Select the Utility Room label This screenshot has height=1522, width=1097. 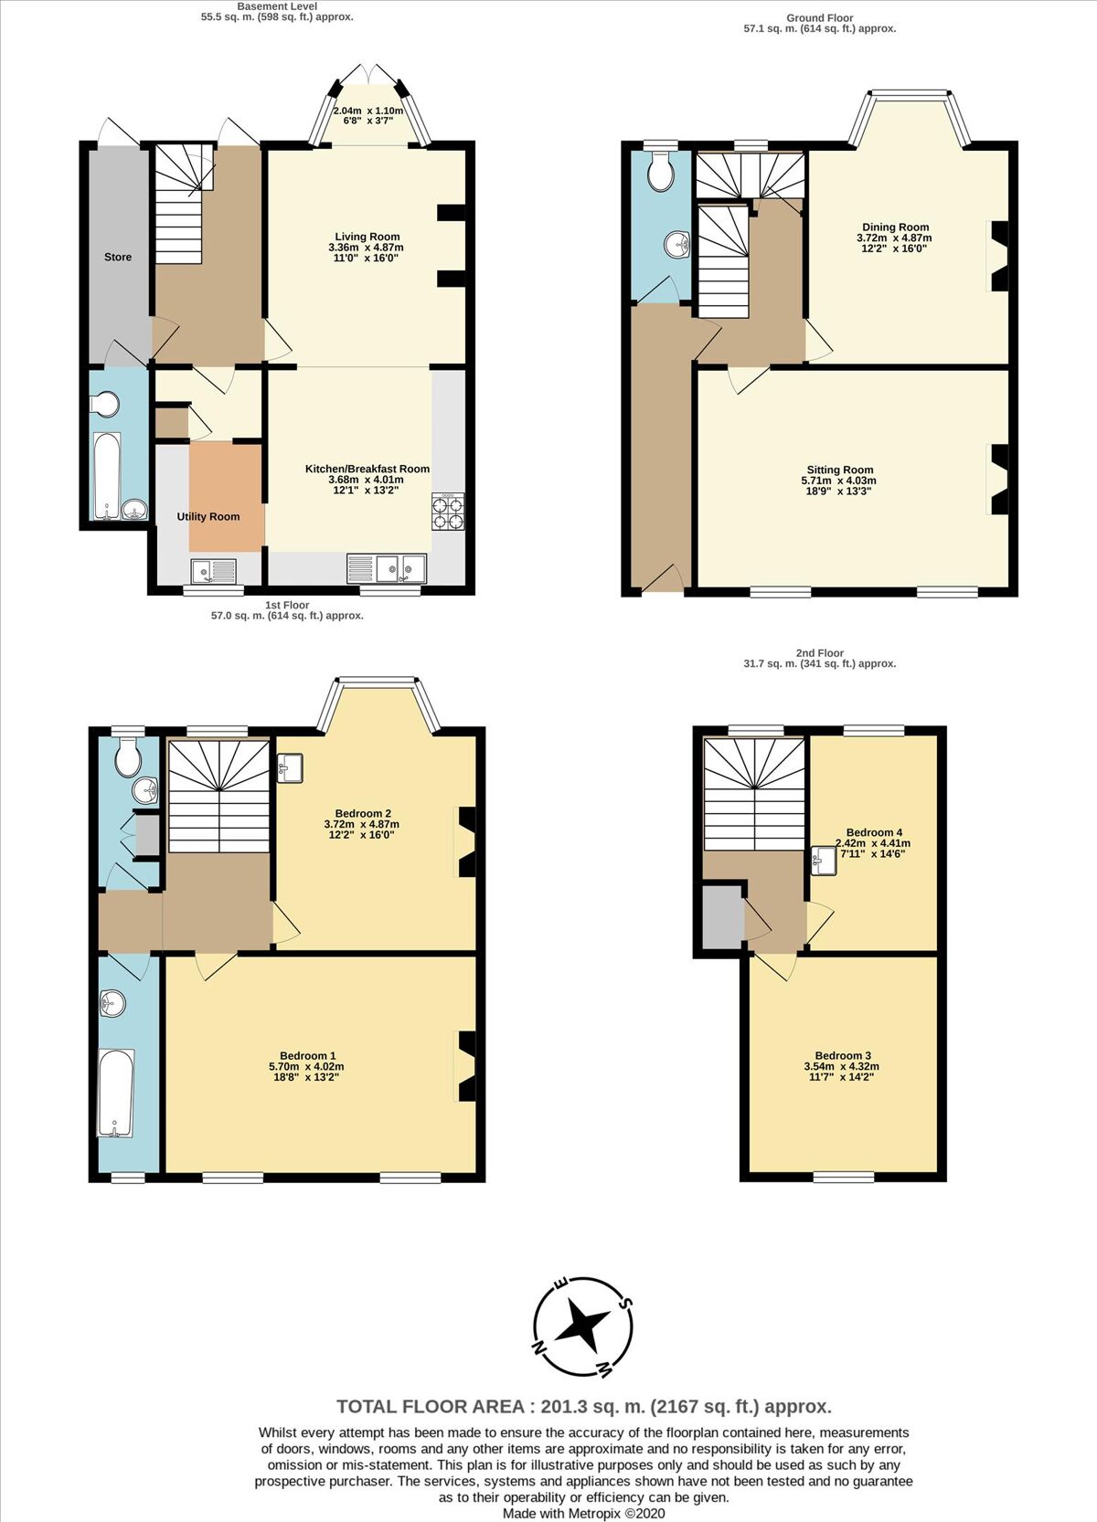click(208, 516)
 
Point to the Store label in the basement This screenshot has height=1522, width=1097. click(118, 257)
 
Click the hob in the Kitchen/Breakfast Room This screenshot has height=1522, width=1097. click(448, 512)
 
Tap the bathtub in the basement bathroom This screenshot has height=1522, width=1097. click(107, 476)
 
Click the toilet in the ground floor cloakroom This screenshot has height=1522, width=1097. click(660, 170)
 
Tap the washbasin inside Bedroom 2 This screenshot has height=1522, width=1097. click(290, 768)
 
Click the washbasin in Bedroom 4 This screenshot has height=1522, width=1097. click(825, 861)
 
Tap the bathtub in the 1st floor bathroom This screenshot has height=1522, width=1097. click(115, 1094)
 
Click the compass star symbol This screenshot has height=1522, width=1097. click(582, 1326)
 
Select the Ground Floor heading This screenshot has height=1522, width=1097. click(819, 18)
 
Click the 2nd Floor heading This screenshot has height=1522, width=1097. click(819, 653)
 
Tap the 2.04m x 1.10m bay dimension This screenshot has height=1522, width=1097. click(367, 111)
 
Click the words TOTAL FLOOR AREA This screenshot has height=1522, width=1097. click(431, 1406)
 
